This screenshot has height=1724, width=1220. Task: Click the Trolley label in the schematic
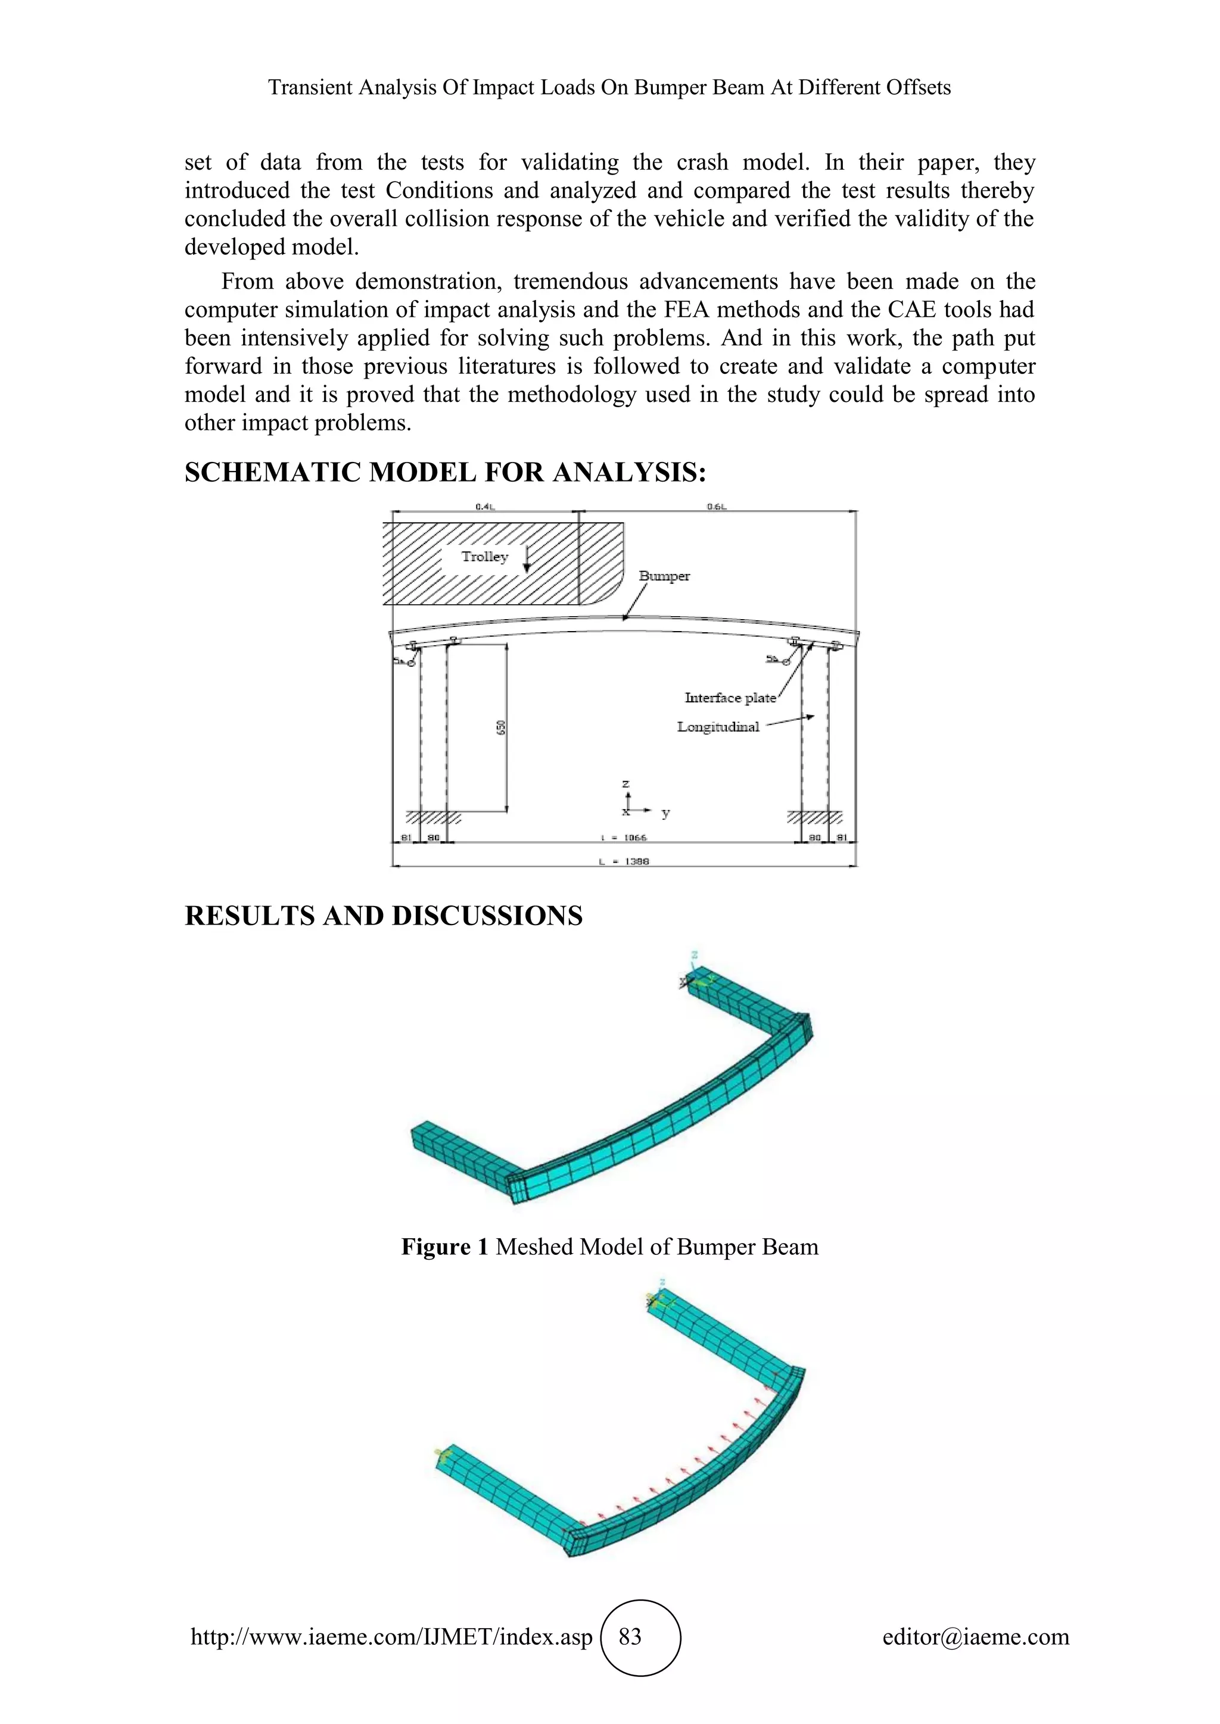coord(484,557)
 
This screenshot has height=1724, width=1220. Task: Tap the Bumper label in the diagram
coord(664,576)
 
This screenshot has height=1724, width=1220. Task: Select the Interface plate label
coord(730,698)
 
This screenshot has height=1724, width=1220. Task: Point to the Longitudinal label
coord(718,727)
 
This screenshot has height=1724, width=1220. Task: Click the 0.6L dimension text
coord(717,507)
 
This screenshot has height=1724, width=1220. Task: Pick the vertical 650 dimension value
coord(501,727)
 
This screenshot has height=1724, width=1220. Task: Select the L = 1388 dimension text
coord(624,861)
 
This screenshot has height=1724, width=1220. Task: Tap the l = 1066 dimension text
coord(624,837)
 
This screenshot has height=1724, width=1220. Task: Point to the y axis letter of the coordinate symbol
coord(665,813)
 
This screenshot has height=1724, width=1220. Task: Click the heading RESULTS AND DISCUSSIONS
coord(383,916)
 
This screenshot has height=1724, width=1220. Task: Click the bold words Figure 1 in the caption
coord(445,1247)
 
